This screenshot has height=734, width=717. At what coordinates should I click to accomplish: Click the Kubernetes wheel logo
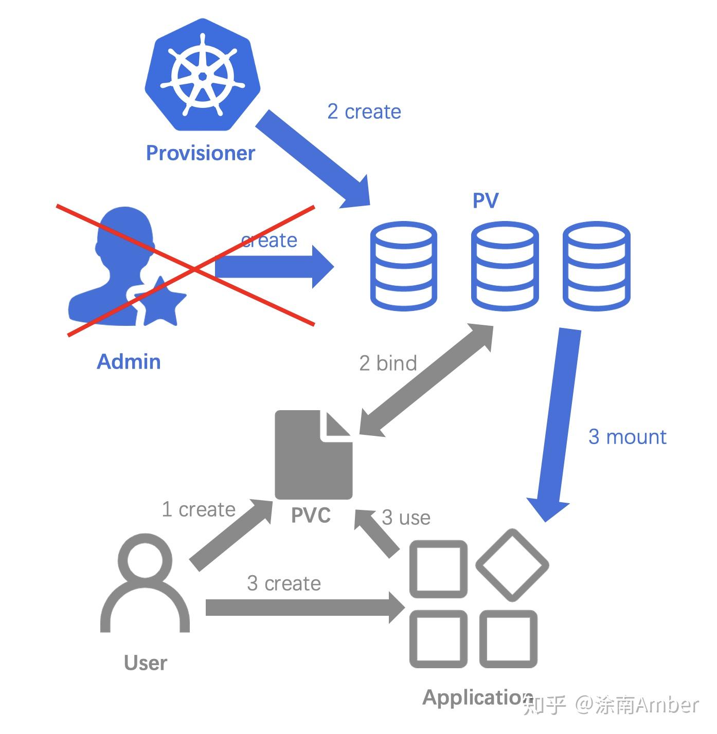(x=203, y=75)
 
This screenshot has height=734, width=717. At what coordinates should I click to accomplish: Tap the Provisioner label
(x=201, y=153)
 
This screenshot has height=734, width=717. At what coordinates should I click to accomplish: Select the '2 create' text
(x=364, y=112)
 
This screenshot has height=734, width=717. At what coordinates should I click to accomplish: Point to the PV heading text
(x=486, y=200)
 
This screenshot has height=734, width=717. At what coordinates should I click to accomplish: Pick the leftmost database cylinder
(x=403, y=266)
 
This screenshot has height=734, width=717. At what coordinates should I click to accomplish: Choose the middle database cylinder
(x=505, y=266)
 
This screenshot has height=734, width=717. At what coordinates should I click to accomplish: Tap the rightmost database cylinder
(x=596, y=266)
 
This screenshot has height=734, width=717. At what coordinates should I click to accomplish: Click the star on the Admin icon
(x=161, y=302)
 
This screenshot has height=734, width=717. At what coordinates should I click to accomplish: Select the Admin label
(x=129, y=362)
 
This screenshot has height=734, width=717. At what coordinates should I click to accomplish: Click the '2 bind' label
(x=388, y=363)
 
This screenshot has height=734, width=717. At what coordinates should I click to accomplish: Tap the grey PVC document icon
(x=313, y=455)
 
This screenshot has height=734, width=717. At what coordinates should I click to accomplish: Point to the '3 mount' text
(x=628, y=437)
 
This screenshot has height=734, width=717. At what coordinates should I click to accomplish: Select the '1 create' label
(x=199, y=509)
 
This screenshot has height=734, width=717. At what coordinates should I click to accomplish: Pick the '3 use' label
(x=406, y=517)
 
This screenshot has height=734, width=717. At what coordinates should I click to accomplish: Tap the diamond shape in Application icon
(x=512, y=565)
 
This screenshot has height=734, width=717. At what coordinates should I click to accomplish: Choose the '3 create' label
(x=284, y=583)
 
